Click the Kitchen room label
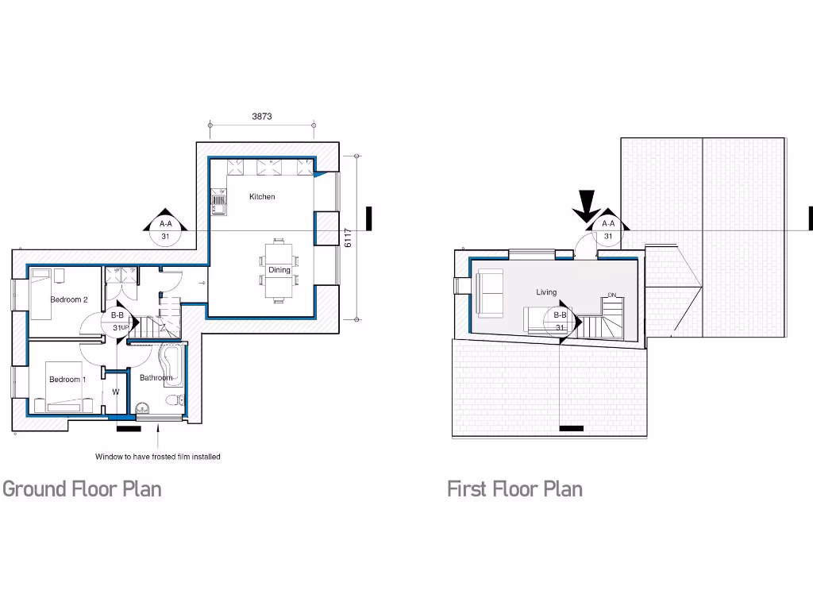point(262,196)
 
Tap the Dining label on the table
point(279,270)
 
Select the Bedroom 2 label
point(69,299)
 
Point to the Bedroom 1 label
point(67,380)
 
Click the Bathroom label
point(156,378)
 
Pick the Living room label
point(546,292)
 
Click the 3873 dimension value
point(262,116)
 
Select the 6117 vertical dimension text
point(348,237)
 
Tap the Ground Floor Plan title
point(83,488)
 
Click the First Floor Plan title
point(514,488)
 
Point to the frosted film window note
point(158,457)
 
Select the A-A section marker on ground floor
point(165,227)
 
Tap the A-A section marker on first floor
point(608,227)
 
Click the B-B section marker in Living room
point(560,322)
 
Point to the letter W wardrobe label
point(116,392)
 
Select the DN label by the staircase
point(611,295)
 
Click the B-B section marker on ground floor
point(118,321)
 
